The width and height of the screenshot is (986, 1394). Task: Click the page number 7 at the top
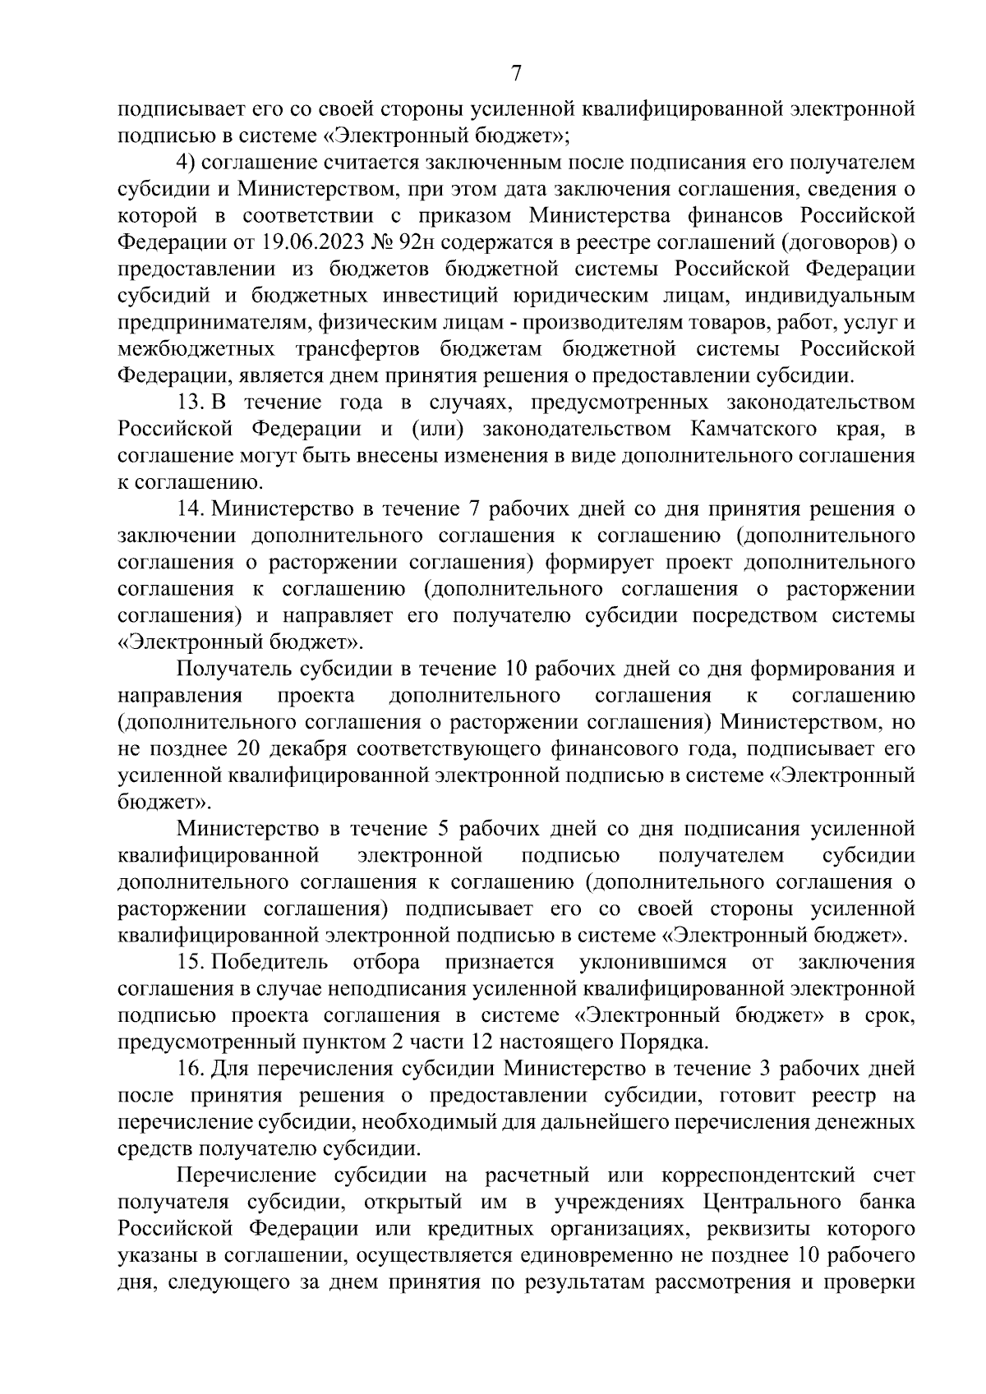point(516,74)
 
